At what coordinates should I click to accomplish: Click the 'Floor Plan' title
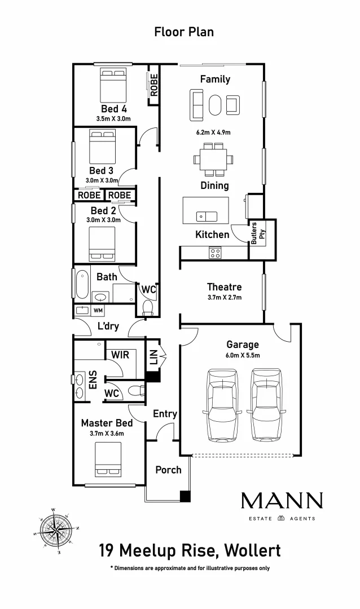click(184, 32)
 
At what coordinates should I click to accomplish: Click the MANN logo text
click(282, 500)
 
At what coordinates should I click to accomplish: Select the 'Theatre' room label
click(224, 287)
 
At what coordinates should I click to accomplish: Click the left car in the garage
click(222, 404)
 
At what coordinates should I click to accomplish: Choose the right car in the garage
click(265, 404)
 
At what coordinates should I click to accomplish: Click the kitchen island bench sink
click(206, 216)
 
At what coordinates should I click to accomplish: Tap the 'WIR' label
click(120, 355)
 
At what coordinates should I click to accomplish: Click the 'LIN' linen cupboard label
click(153, 356)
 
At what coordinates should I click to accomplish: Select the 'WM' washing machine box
click(98, 310)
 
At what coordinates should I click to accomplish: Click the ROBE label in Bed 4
click(153, 86)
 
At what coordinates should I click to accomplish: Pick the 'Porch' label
click(168, 469)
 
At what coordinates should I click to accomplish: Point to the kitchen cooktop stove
click(215, 252)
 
